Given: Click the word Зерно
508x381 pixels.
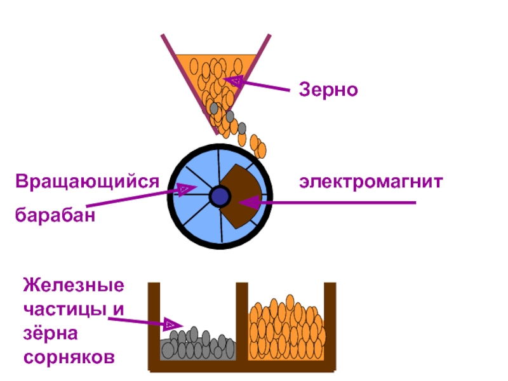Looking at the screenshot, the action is point(328,89).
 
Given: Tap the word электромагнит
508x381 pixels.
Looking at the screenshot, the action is point(371,182).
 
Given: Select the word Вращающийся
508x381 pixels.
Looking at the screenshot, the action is point(87,182).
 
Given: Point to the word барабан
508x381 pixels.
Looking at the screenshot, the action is point(55,214).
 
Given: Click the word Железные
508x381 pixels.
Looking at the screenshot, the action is point(74,285).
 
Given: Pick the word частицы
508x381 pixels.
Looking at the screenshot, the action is point(65,309).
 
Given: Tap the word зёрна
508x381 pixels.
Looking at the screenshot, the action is point(51,333).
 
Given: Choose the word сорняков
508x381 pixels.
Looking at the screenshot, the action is point(69,358).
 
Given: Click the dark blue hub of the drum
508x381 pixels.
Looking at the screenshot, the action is point(220,197).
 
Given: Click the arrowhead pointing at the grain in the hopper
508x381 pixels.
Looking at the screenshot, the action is point(233,81).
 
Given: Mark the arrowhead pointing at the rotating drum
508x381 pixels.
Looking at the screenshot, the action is point(185,189).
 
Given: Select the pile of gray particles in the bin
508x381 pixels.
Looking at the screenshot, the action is point(197,344).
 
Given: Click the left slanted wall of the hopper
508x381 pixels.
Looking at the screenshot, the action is point(189,84).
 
